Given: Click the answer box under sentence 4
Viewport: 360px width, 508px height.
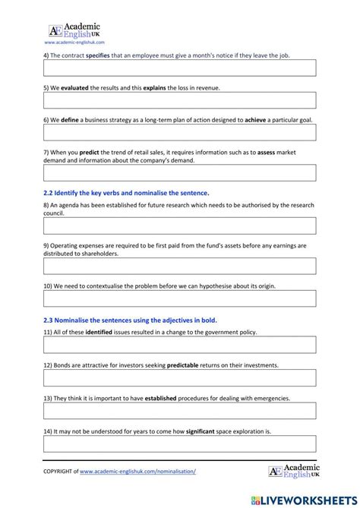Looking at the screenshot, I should (x=179, y=68).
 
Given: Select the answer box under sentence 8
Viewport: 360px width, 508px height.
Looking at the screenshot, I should (x=179, y=226).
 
